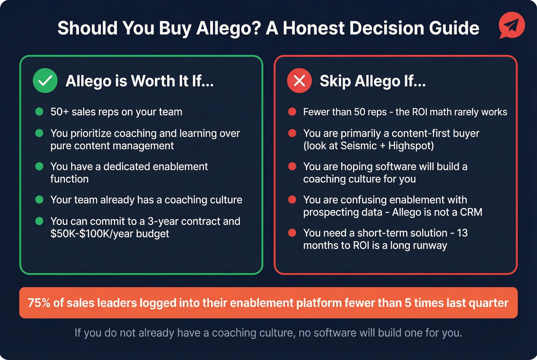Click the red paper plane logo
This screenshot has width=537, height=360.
tap(512, 25)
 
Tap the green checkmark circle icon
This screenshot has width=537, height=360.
tap(45, 81)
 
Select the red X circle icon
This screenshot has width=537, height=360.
tap(299, 81)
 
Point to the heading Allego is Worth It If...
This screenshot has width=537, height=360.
tap(140, 81)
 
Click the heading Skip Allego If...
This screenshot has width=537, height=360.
tap(372, 81)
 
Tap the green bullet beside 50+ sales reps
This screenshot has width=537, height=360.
tap(39, 112)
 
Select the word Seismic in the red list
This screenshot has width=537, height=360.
tap(359, 146)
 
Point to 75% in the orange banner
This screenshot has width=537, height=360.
tap(39, 303)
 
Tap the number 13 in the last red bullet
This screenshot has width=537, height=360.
tap(462, 233)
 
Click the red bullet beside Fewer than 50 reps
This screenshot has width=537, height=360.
tap(292, 112)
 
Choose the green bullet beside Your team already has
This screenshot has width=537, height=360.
tap(39, 200)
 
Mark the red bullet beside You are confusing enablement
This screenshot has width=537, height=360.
tap(292, 200)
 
